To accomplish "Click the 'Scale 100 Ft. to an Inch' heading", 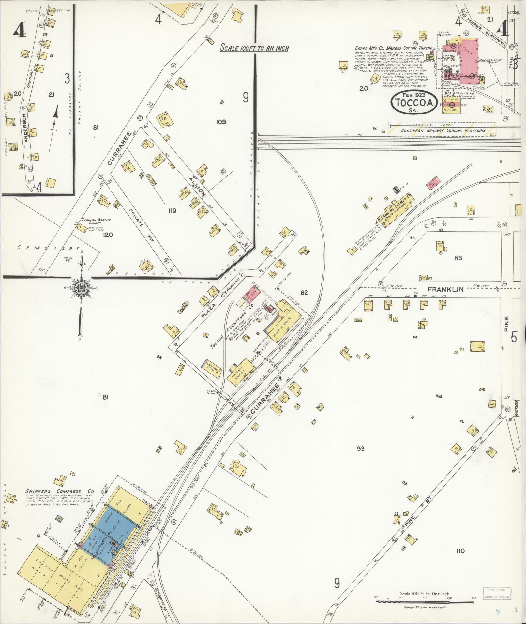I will (254, 48).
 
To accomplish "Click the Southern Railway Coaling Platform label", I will (443, 131).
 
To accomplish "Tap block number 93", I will (360, 449).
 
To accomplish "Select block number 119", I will (172, 211).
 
